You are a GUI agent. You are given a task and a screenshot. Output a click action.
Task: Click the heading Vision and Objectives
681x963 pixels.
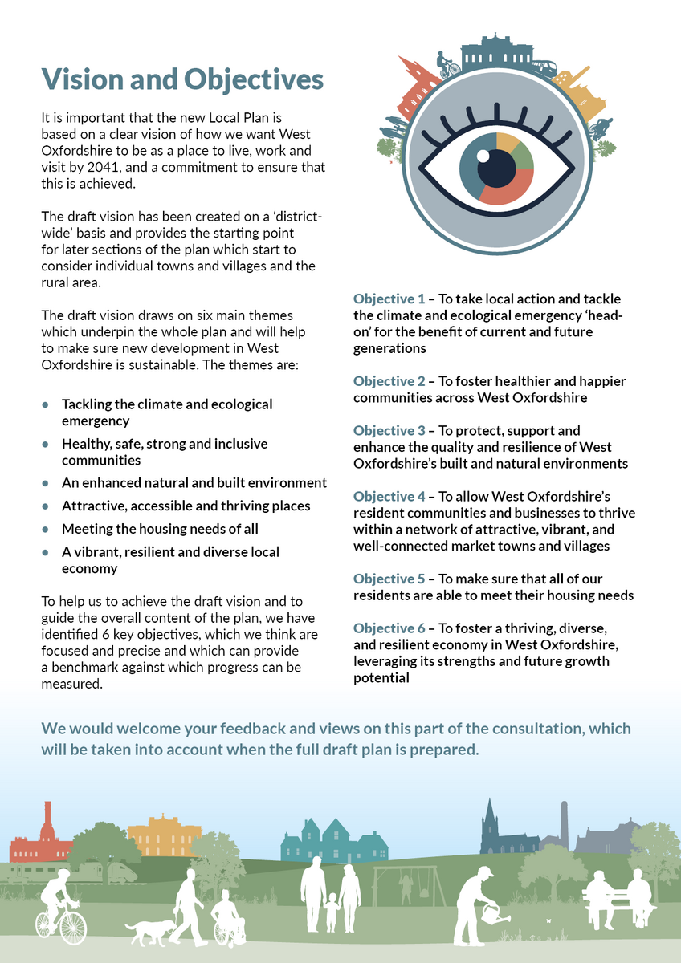coord(183,79)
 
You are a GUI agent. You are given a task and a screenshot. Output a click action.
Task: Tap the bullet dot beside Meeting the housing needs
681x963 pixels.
coord(46,530)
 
